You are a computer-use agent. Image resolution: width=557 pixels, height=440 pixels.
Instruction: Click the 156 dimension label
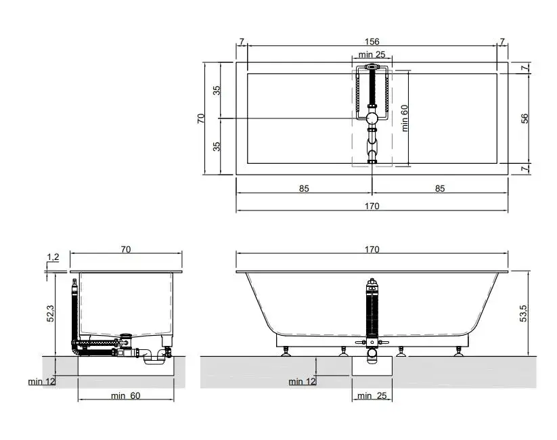click(x=372, y=41)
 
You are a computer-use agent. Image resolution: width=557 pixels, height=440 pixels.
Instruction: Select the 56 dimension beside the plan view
click(x=525, y=118)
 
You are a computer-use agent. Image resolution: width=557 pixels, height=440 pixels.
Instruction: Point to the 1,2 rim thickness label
click(x=53, y=257)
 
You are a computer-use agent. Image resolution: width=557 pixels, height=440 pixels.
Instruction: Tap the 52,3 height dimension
click(x=51, y=314)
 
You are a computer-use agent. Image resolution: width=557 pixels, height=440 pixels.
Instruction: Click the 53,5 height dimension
click(x=523, y=313)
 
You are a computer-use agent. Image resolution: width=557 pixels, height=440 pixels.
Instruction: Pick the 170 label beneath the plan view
click(x=372, y=206)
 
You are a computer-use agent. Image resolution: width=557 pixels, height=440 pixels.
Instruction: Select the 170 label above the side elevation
click(x=372, y=250)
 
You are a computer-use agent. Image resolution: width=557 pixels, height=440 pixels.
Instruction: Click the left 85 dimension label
click(x=304, y=188)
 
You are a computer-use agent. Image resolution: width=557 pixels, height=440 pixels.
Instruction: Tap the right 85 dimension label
click(x=440, y=188)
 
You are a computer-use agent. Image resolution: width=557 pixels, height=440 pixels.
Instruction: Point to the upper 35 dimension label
click(x=217, y=90)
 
